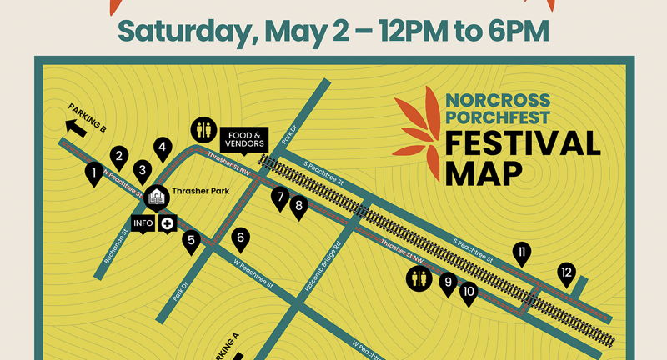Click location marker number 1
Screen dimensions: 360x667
(x=96, y=172)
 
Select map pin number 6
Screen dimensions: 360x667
(x=241, y=237)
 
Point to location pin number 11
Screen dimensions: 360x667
(x=522, y=252)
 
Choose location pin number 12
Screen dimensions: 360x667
(x=567, y=272)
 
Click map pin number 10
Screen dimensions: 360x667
(x=468, y=291)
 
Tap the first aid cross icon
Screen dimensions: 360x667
(x=168, y=223)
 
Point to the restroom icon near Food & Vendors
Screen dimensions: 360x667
(x=203, y=129)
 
